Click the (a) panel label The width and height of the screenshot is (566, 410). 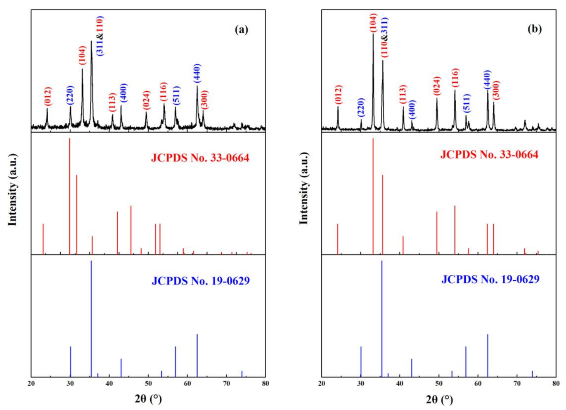coord(242,29)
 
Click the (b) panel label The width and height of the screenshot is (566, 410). coord(534,29)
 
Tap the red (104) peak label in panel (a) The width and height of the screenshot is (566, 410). coord(82,55)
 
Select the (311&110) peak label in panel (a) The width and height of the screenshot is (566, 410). coord(99,36)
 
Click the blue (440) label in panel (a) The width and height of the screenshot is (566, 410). coord(197,73)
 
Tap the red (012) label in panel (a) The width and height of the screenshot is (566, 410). coord(48,96)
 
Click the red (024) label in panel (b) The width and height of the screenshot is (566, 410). coord(437,86)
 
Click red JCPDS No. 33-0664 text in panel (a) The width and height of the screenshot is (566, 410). coord(200,158)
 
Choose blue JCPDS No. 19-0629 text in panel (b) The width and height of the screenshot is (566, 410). coord(490,279)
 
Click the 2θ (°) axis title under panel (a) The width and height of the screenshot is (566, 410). coord(148,399)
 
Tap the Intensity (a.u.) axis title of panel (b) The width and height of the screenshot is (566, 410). coord(304,188)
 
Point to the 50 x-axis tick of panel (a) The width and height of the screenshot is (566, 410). coord(148,384)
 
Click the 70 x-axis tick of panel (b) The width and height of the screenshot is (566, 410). coord(516,384)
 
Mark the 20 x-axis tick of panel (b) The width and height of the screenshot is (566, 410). coord(322,384)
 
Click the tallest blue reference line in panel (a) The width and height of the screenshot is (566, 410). coord(91,318)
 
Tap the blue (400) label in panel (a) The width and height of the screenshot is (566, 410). coord(123,93)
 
